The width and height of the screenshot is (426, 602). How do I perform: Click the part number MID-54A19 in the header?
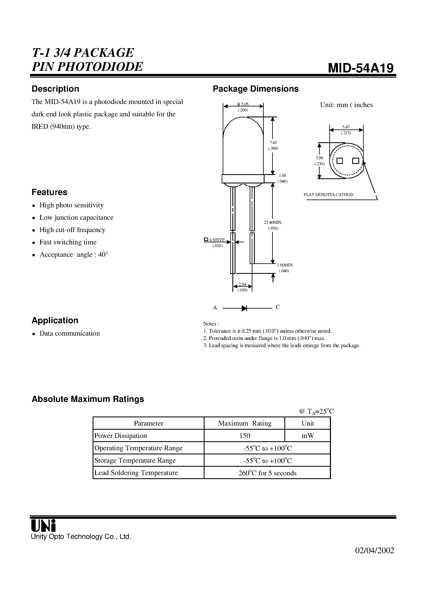coord(361,68)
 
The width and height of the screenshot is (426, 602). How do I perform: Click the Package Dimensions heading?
coord(255,89)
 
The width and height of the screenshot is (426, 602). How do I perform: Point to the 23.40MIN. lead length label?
coord(273,222)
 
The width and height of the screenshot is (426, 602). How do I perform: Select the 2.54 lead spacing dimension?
coord(242,284)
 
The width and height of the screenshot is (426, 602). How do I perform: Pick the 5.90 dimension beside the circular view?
coord(319,158)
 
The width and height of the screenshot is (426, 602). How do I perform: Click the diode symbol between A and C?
coord(244,308)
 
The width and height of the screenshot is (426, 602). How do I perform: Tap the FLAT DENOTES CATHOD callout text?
coord(328,195)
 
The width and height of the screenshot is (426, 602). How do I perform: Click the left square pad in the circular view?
coord(340,161)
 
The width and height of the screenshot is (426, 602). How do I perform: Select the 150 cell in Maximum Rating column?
coord(244,435)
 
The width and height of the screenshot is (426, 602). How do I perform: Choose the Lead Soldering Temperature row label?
coord(136,473)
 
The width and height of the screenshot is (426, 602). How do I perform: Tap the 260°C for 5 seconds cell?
coord(267,473)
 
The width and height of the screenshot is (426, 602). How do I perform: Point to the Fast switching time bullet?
coord(68,242)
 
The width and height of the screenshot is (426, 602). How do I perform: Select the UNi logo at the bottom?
coord(43,525)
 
